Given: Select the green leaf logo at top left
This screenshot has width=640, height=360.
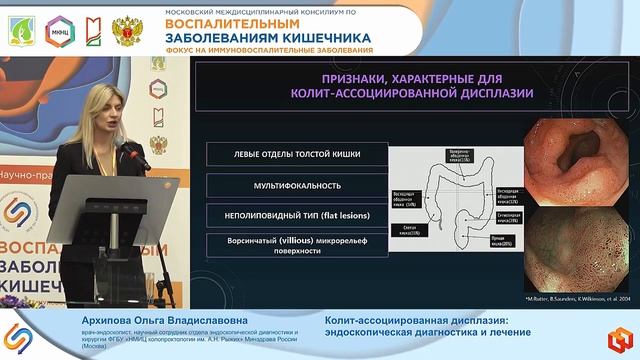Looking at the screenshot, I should (23, 28).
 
